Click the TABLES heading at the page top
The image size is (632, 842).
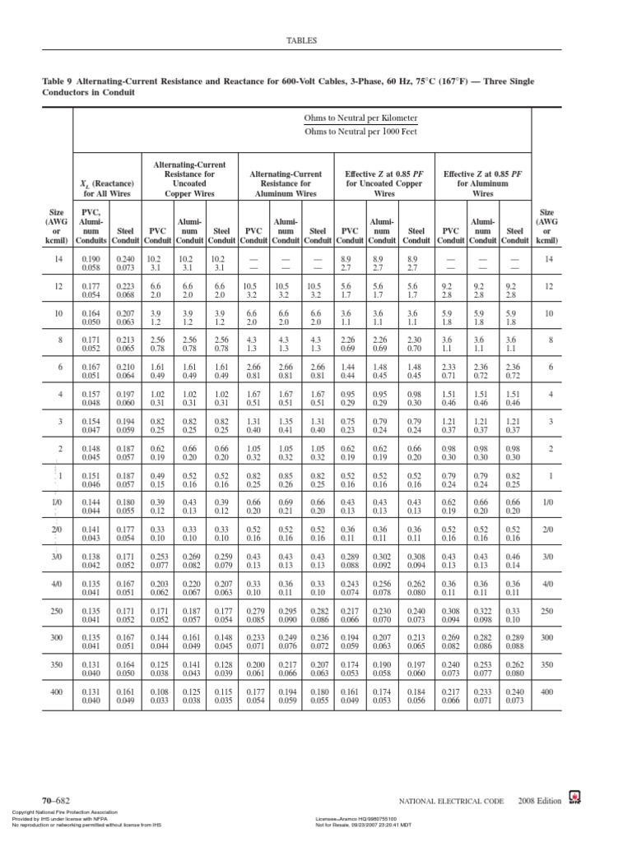[300, 39]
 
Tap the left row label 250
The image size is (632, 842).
[57, 611]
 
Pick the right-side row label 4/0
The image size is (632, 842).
[547, 585]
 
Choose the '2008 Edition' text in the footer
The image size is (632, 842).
[540, 800]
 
